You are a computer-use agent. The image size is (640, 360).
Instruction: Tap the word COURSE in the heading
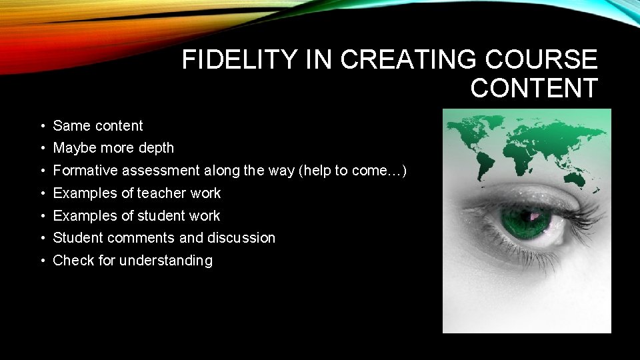point(541,60)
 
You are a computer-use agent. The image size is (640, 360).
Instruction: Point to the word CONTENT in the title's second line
point(534,88)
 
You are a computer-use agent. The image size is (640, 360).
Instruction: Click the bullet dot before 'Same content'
point(41,126)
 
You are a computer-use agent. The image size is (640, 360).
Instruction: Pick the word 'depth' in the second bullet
point(156,148)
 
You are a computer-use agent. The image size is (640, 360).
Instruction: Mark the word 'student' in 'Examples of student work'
point(161,216)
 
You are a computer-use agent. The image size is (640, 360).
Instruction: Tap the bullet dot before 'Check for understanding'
point(41,261)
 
